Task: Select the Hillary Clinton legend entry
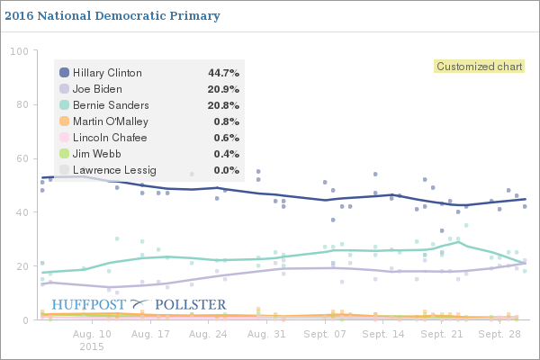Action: click(109, 72)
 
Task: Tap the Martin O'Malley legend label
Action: click(111, 121)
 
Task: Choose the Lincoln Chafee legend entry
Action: click(109, 137)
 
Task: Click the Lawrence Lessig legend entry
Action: click(113, 169)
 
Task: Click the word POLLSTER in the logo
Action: click(191, 304)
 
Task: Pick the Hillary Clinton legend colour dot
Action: click(64, 72)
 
